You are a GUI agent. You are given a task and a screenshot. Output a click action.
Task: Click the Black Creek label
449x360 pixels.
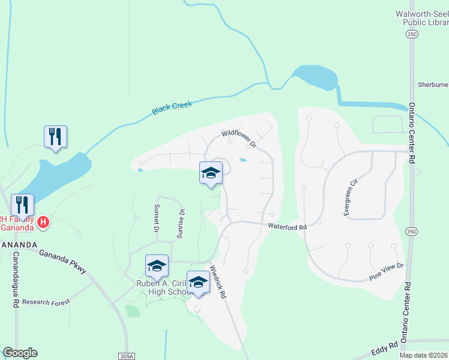[x=172, y=108]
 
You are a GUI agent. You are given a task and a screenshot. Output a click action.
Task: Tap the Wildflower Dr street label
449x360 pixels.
[x=239, y=140]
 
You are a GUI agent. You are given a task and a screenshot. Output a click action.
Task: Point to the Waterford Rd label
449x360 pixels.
[x=287, y=227]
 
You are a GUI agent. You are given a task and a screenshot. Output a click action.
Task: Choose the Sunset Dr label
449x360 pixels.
[x=155, y=219]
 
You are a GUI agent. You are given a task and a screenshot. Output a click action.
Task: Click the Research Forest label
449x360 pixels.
[x=46, y=302]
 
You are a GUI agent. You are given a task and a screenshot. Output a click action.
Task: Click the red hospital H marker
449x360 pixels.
[x=43, y=223]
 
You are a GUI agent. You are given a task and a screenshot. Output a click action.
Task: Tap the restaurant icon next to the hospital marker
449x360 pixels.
[x=22, y=205]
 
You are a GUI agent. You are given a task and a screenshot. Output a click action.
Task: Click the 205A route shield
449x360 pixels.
[x=127, y=356]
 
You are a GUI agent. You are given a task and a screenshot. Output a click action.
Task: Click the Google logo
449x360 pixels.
[x=20, y=353]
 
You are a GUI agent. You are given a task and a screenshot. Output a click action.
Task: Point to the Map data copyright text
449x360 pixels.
[x=424, y=355]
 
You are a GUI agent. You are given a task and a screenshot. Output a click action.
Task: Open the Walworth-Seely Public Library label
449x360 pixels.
[x=421, y=18]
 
